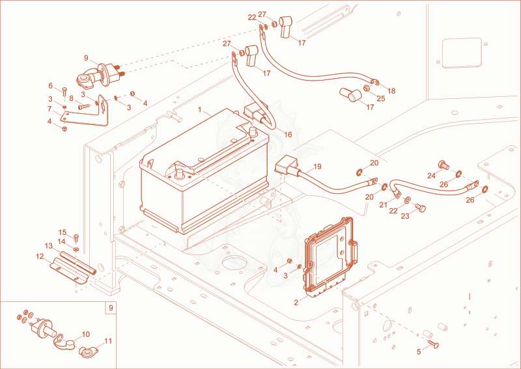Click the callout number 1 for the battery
point(200,109)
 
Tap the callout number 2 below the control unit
point(296,303)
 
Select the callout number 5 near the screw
point(419,351)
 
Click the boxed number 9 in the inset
point(111,308)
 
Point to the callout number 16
point(288,135)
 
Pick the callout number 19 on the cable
point(317,167)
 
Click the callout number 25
point(381,98)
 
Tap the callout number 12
point(40,256)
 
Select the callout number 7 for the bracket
point(49,109)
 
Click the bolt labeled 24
point(444,165)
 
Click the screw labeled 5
point(432,344)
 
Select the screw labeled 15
point(76,237)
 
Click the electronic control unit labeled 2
point(329,258)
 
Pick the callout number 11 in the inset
point(108,341)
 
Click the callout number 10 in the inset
point(86,334)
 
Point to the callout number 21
point(384,205)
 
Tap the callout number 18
point(391,90)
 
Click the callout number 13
point(49,246)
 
